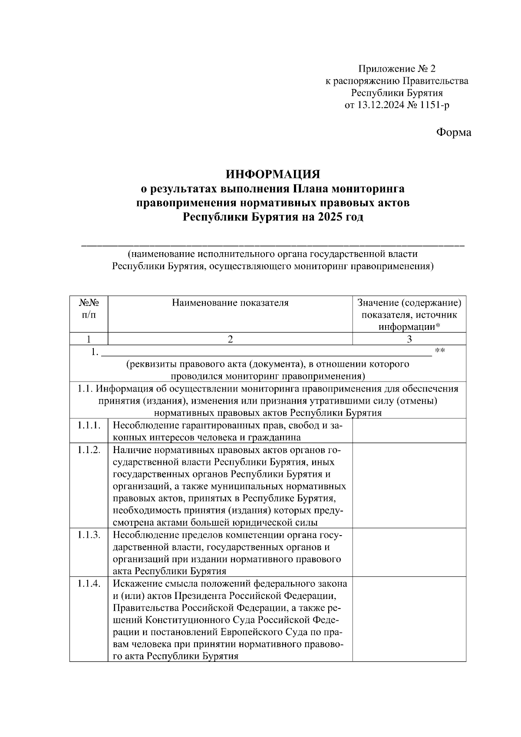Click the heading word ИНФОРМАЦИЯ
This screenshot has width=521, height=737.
(x=273, y=174)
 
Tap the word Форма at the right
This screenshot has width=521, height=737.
(x=453, y=132)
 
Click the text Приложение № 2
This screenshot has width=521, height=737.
(x=396, y=69)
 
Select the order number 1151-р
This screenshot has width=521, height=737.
(x=434, y=105)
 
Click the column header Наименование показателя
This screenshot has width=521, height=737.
(x=230, y=303)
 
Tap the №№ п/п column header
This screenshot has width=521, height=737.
(x=89, y=308)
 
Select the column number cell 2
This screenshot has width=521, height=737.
(x=230, y=339)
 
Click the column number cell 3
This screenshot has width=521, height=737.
(x=409, y=339)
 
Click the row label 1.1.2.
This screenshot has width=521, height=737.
(x=89, y=450)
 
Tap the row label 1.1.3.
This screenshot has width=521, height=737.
(x=89, y=535)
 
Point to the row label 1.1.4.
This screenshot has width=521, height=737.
(x=89, y=584)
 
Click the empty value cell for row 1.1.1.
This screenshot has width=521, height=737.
(x=409, y=431)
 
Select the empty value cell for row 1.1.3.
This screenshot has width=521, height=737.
(x=409, y=553)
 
